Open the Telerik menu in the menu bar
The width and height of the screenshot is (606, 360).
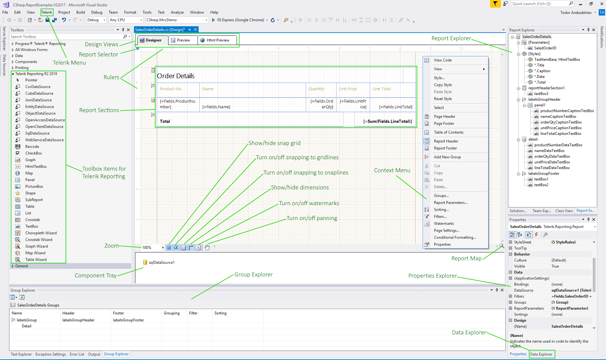click(x=47, y=12)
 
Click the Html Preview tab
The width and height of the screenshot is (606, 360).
click(x=218, y=40)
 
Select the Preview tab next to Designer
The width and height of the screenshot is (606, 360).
click(x=183, y=40)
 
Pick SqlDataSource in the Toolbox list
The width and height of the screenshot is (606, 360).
click(x=37, y=133)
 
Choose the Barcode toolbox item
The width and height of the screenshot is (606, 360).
click(x=32, y=147)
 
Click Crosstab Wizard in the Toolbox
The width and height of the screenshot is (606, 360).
click(x=39, y=240)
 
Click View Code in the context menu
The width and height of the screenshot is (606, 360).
click(x=443, y=60)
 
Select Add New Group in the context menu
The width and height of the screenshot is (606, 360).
click(x=447, y=157)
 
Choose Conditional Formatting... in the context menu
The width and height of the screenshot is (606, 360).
click(x=455, y=237)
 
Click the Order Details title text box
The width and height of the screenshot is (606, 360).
click(x=176, y=76)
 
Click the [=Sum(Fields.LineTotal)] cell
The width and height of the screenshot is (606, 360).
click(x=387, y=121)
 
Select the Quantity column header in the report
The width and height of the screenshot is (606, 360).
click(x=316, y=89)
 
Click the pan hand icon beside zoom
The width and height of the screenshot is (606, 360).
click(x=207, y=248)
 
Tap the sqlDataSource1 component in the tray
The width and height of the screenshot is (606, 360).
click(x=161, y=262)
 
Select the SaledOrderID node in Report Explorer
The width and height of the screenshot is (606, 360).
click(x=545, y=48)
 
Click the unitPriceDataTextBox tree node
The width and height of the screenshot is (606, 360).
click(x=552, y=162)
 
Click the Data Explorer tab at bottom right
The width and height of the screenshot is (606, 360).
click(x=541, y=354)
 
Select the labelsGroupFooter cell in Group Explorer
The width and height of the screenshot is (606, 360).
click(x=128, y=320)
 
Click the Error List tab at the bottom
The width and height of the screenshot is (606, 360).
click(x=77, y=354)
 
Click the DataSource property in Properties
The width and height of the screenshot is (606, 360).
click(x=523, y=290)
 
